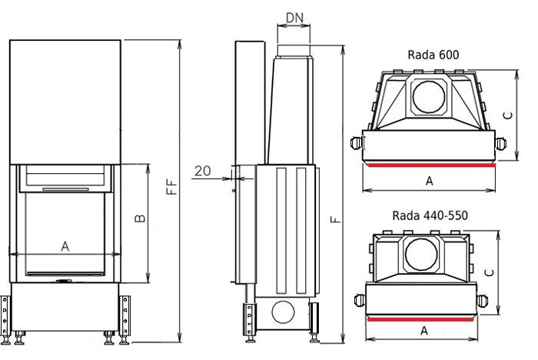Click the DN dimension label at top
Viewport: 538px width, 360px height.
pos(294,18)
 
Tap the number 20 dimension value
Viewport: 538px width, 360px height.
pos(202,171)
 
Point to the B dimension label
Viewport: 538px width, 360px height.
pos(140,218)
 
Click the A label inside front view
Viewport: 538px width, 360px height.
pos(65,246)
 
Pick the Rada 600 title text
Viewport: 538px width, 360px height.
pos(433,55)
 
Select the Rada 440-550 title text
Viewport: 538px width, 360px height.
pos(430,215)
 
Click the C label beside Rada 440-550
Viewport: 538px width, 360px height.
pos(490,272)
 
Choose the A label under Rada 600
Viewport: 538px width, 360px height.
pos(429,181)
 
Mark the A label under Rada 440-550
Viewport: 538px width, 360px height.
pos(424,331)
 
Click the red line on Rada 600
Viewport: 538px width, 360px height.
pos(432,165)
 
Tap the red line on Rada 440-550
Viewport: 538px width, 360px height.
pos(420,319)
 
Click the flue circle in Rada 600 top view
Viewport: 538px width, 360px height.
pos(429,96)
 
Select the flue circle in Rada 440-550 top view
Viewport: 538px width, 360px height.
pos(421,255)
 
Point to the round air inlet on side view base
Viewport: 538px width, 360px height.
pos(283,312)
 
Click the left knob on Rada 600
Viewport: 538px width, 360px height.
pos(357,143)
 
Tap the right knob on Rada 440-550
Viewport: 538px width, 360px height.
pos(482,301)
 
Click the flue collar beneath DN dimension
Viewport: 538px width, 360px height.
pos(294,51)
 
